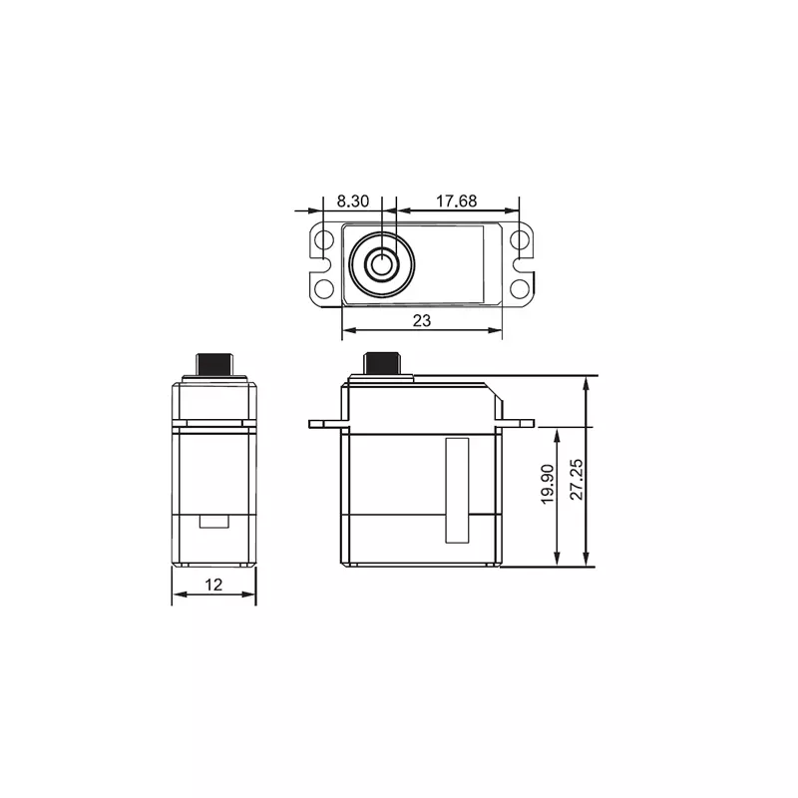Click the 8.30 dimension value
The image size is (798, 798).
[x=353, y=200]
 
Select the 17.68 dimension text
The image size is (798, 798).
[x=456, y=200]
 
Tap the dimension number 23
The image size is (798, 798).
[x=421, y=320]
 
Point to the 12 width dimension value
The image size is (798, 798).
[x=213, y=585]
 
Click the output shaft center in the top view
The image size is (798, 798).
[x=381, y=264]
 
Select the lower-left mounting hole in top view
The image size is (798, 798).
[x=324, y=288]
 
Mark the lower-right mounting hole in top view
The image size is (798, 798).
[x=520, y=288]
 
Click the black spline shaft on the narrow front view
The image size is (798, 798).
[x=213, y=363]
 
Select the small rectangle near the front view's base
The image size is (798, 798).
[x=213, y=520]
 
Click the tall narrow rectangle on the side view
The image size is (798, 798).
[x=457, y=489]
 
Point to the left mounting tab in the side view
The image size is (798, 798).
[x=327, y=424]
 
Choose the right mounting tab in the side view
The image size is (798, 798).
[x=517, y=423]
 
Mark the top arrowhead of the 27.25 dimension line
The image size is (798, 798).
[x=587, y=381]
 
